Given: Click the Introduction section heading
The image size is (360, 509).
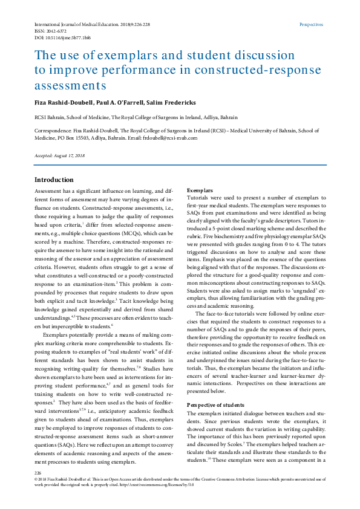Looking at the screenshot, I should coord(54,180).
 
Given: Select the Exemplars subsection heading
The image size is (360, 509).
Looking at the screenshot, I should coord(200,190).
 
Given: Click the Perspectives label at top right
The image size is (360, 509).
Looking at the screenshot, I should coord(312,25).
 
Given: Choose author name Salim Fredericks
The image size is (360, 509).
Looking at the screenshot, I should coord(180,102).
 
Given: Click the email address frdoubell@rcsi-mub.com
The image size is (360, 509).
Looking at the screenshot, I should coord(170,138).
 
